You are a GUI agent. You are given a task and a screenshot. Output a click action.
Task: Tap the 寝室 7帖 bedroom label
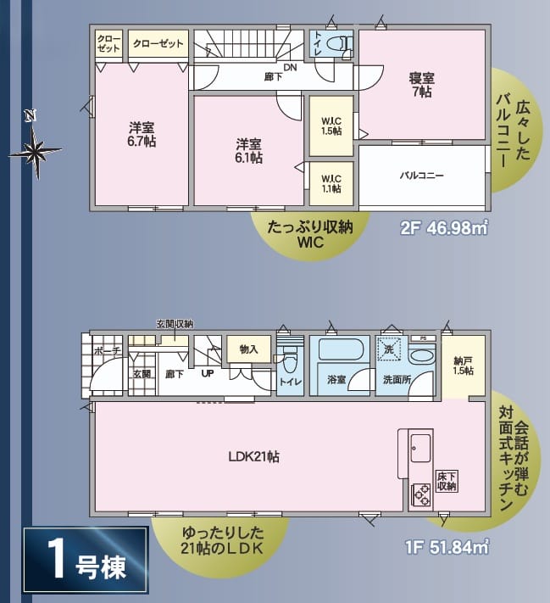422,85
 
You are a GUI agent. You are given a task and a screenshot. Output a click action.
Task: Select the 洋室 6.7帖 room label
142,134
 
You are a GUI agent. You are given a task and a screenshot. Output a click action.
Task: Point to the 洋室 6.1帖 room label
248,151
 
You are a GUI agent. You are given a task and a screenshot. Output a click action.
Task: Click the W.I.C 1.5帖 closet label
331,126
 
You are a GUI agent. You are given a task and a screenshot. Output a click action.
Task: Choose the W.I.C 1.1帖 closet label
331,184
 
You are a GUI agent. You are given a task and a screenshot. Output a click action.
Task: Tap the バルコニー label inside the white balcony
422,176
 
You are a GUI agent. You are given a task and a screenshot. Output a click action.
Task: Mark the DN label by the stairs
290,67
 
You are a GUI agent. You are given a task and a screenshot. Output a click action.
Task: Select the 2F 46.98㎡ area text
444,227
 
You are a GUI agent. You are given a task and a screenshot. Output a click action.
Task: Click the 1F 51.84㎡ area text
447,546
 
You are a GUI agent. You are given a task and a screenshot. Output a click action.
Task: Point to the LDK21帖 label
253,456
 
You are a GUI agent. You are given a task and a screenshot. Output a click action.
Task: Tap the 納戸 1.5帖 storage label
464,366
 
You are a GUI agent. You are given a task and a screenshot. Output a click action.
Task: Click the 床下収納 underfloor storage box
447,481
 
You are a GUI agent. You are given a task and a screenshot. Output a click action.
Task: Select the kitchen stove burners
422,495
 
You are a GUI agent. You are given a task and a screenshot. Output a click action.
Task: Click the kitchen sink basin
421,449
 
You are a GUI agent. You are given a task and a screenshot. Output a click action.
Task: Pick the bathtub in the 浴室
339,349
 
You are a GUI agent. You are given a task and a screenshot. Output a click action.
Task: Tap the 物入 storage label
248,349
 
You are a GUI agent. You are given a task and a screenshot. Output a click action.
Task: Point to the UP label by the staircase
208,373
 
